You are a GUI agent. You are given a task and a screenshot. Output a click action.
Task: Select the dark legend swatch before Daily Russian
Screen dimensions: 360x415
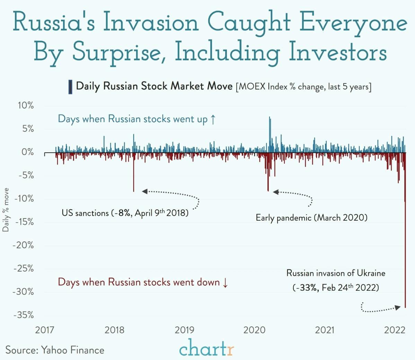(70, 87)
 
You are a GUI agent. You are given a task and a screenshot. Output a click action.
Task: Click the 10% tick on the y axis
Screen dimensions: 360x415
(26, 105)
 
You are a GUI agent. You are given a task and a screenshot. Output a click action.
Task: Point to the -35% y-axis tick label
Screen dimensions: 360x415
(24, 315)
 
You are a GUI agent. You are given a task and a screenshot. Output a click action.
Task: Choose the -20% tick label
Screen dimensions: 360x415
(24, 245)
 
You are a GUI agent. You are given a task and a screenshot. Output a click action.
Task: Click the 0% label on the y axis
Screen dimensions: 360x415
(27, 152)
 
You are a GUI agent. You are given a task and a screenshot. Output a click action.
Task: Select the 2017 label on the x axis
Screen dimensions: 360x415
(45, 329)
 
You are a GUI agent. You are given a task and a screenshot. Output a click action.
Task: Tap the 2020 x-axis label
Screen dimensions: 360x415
(254, 329)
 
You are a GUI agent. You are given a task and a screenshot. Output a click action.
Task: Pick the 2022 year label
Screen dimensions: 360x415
(395, 329)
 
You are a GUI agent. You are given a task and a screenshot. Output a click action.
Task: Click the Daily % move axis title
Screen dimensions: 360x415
(6, 210)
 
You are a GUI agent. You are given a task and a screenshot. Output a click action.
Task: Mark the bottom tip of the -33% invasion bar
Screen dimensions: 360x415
(405, 307)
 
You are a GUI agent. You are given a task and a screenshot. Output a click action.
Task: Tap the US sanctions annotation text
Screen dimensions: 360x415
(125, 213)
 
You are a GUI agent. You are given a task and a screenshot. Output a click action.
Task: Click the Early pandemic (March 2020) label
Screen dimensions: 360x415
(311, 218)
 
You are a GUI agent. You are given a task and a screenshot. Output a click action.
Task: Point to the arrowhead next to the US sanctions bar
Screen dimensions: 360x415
(144, 191)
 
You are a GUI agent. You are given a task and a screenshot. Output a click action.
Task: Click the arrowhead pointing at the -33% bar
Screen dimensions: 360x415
(398, 308)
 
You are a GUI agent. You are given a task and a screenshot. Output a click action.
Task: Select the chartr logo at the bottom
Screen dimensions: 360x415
(207, 348)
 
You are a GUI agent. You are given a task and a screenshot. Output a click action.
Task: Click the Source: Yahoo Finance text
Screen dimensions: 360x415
(55, 350)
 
